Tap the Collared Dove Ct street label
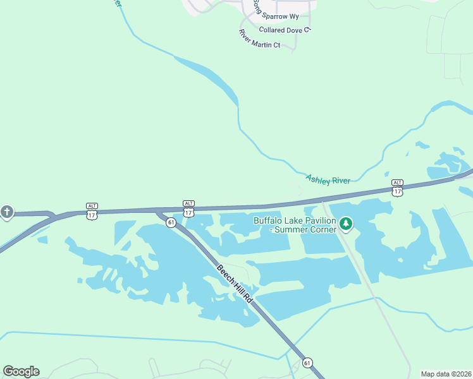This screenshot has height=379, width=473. pos(286,30)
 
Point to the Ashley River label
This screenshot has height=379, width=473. pos(328,180)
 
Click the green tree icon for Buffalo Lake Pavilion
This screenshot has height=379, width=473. pos(345,224)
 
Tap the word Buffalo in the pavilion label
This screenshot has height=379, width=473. pos(269,220)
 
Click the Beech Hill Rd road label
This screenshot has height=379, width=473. pos(235,285)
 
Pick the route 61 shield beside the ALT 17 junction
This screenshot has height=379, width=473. pos(171,222)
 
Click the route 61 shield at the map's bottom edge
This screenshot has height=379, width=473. pos(307,363)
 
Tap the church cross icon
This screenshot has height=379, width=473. pos(7,212)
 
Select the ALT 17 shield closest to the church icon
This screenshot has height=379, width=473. pos(92,210)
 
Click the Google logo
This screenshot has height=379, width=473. pos(21,371)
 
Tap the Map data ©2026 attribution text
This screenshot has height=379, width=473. pos(446,374)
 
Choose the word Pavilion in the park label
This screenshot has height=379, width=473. pos(321,220)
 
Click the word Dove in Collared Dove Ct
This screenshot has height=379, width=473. pos(294,30)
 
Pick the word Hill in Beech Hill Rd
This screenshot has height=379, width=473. pos(235,285)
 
